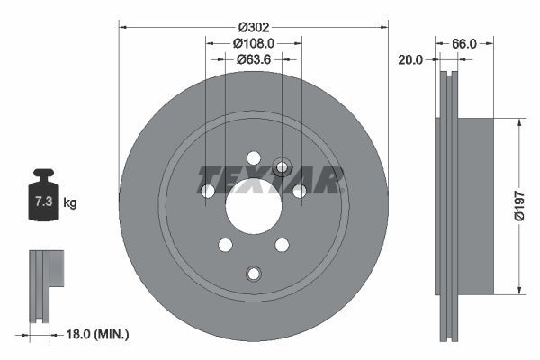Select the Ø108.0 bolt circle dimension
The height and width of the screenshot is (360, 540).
coord(253,42)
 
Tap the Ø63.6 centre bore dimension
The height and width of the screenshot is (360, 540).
coord(253,60)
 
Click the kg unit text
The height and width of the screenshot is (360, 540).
coord(70,203)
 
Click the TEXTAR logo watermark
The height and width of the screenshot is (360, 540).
coord(270,179)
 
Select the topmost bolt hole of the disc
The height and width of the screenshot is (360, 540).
coord(253,157)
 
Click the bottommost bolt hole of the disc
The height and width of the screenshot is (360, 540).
coord(253,274)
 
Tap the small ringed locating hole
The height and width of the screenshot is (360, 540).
coord(282,166)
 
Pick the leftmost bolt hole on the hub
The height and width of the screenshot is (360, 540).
coord(208,191)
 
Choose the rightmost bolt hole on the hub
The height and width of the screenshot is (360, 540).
coord(298,191)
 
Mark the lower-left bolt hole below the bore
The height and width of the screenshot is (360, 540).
coord(225,245)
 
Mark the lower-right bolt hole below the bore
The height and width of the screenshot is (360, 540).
coord(281,245)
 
